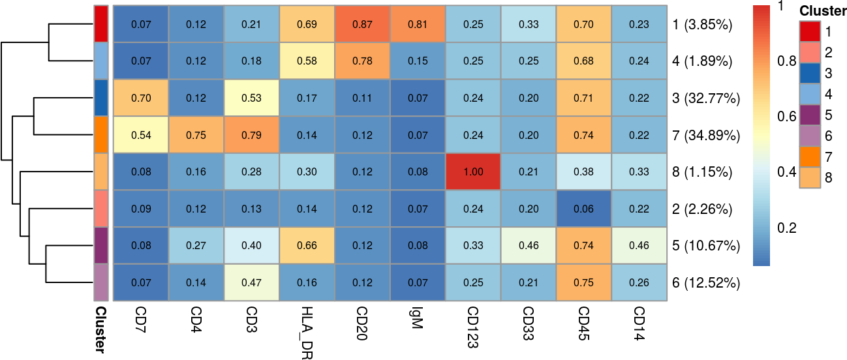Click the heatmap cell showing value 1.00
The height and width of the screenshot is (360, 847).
(x=473, y=172)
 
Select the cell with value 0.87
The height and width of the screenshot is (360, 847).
(x=362, y=25)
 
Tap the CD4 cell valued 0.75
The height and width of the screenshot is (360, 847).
(x=196, y=135)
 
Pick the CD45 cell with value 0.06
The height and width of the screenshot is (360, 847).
(x=584, y=209)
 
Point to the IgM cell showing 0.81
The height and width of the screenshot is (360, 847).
(x=418, y=25)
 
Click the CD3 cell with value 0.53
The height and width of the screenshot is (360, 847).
(x=251, y=98)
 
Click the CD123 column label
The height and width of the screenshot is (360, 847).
(x=473, y=327)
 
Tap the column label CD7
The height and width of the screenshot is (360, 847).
(x=140, y=319)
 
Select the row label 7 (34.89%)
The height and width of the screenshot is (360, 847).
(x=705, y=136)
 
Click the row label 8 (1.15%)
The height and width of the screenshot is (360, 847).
(x=702, y=172)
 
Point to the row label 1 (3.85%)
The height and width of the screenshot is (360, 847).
(x=702, y=25)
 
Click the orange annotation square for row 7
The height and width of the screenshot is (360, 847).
(x=100, y=135)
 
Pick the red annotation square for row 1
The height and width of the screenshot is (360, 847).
(x=100, y=25)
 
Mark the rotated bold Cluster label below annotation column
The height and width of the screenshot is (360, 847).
(x=100, y=329)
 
